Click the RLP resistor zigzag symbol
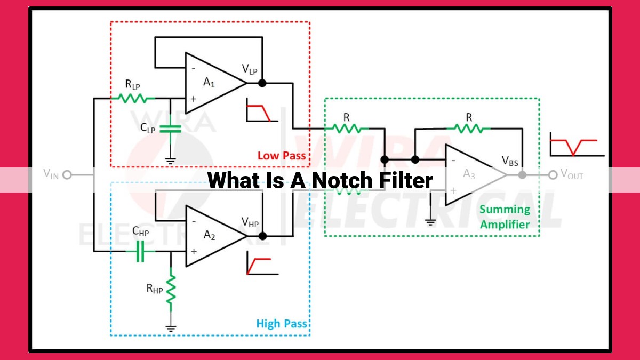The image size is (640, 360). click(133, 98)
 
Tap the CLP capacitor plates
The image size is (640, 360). click(170, 129)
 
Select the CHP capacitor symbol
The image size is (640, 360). click(140, 251)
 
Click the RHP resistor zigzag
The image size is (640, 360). click(171, 290)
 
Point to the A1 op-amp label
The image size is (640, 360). click(209, 83)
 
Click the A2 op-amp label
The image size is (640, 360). click(210, 235)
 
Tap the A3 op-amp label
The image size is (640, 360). click(469, 174)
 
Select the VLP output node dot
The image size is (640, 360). click(262, 83)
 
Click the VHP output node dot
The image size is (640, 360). click(262, 236)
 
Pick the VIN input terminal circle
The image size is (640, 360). click(67, 174)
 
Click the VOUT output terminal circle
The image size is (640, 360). click(553, 175)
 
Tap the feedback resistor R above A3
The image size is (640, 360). click(469, 129)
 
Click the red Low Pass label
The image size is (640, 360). click(282, 156)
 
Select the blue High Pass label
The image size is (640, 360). click(282, 324)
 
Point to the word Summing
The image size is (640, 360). click(505, 210)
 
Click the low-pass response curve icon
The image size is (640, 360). click(262, 110)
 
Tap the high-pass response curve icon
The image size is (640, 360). click(262, 263)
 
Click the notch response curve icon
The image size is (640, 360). click(577, 145)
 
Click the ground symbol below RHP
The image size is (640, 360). click(171, 329)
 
